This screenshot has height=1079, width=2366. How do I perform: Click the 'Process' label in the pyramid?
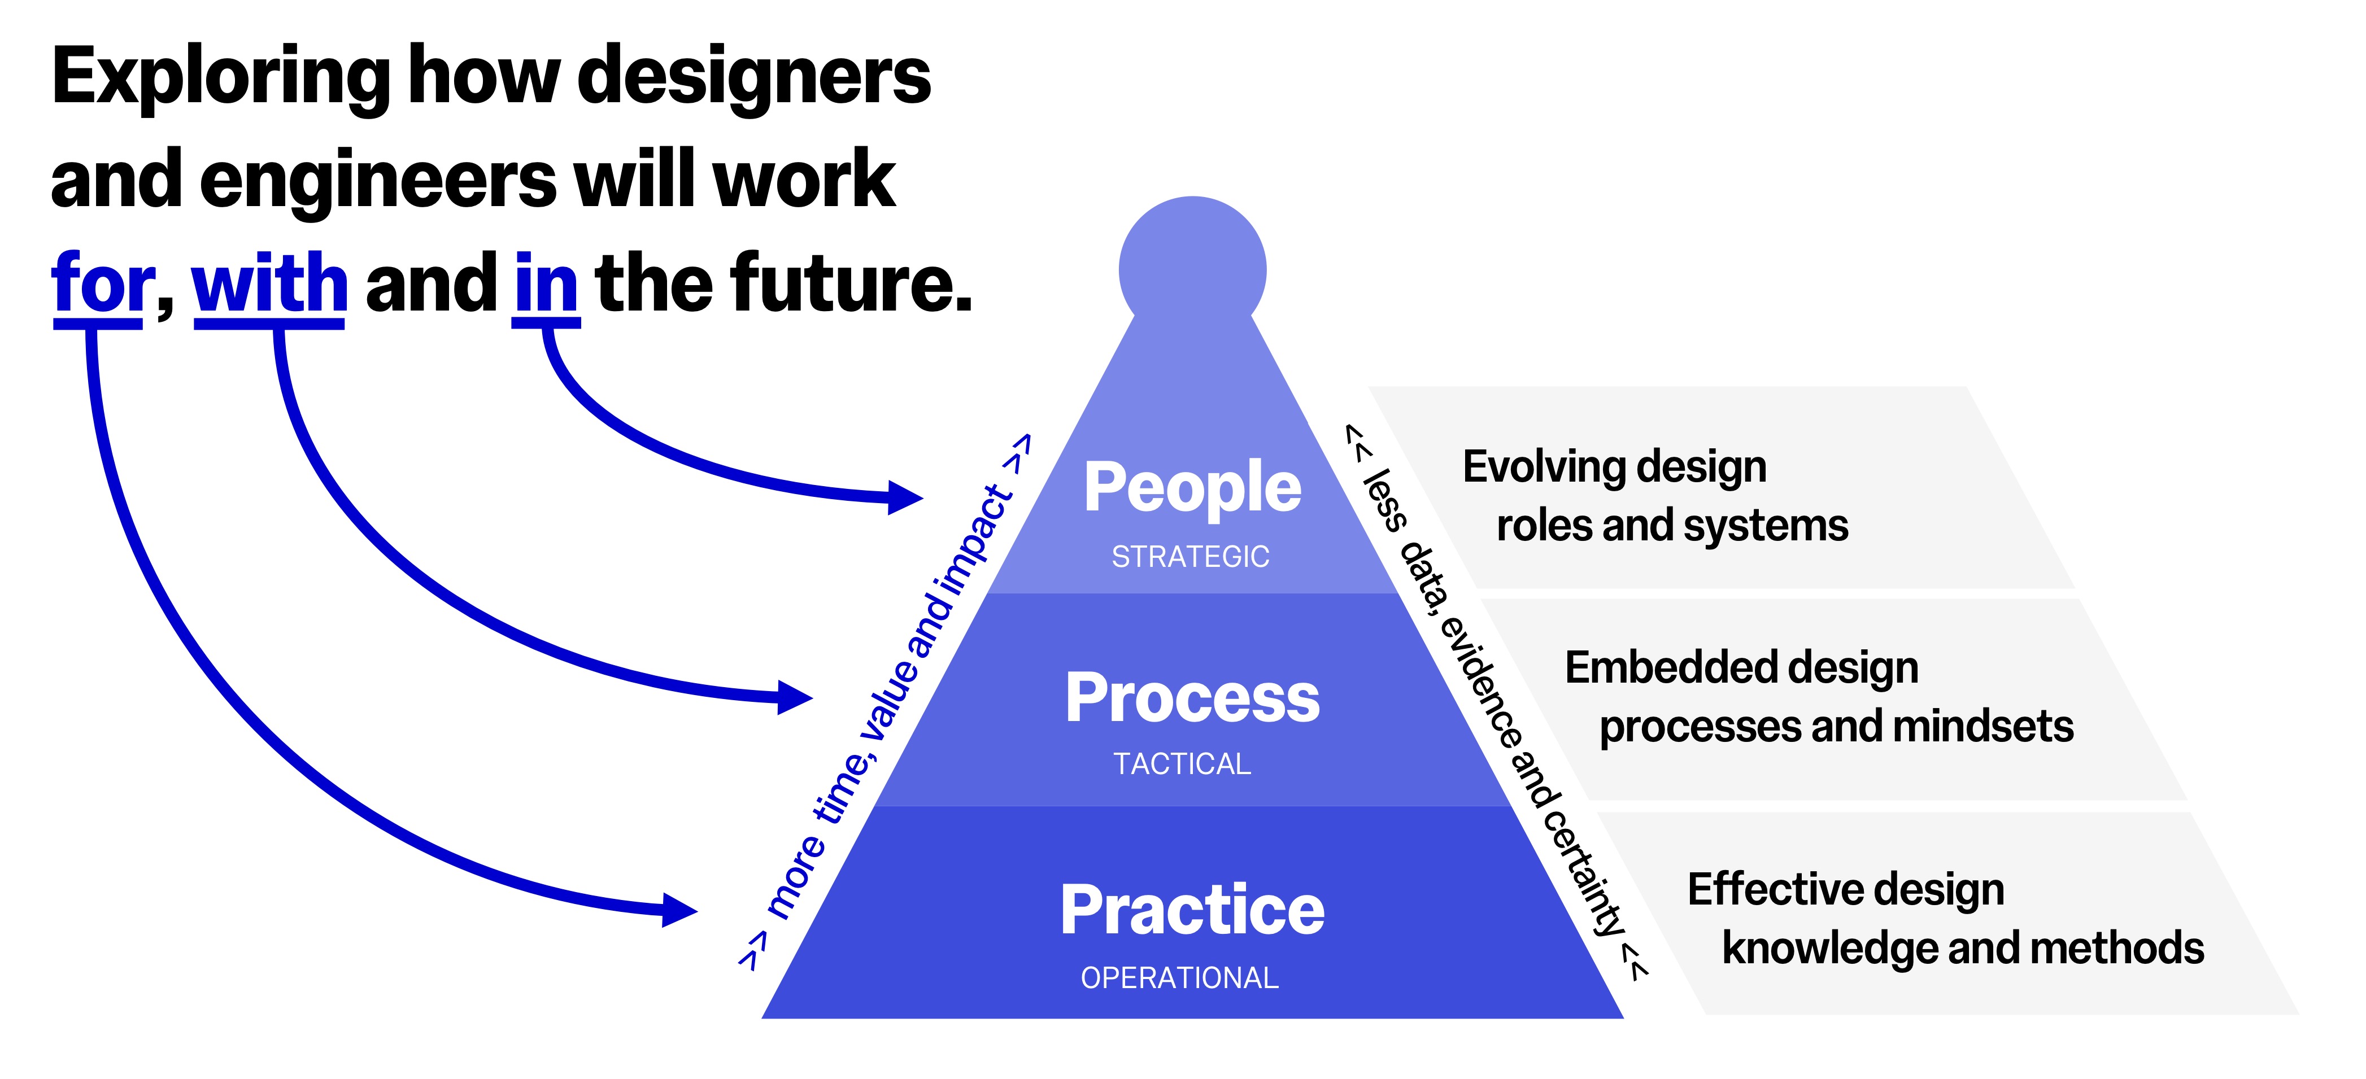(x=1192, y=698)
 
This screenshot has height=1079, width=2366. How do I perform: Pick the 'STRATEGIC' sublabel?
(x=1191, y=557)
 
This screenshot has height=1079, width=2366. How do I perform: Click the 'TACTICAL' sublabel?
(x=1182, y=764)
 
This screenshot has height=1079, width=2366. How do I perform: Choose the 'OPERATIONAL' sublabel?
(x=1179, y=978)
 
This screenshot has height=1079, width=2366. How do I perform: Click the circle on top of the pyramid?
(x=1192, y=269)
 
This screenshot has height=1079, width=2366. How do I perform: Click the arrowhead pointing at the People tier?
(x=905, y=497)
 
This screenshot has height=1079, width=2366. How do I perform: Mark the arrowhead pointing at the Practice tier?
(x=679, y=911)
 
